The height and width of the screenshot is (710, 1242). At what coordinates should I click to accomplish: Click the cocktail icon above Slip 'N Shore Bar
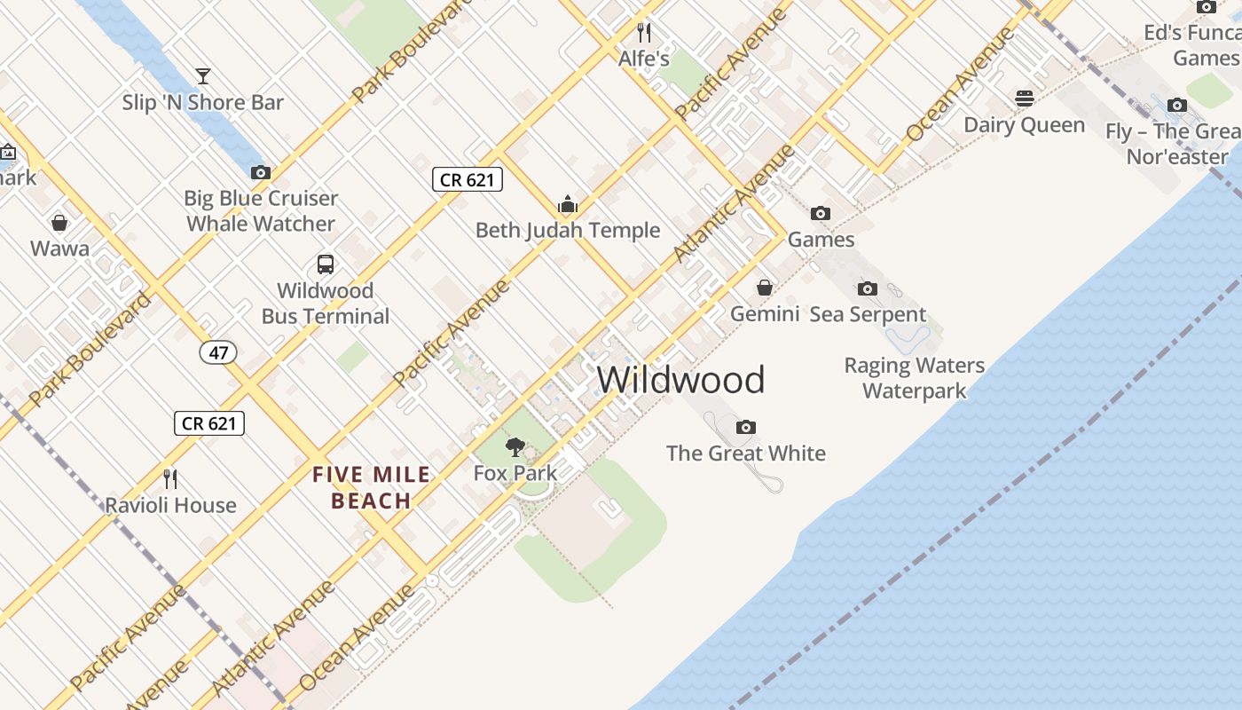coord(203,76)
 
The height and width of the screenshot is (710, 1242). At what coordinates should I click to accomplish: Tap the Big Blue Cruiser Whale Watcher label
coord(261,211)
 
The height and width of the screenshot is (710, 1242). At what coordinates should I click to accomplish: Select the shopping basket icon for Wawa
coord(59,222)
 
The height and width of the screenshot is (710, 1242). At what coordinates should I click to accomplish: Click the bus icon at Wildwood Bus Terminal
coord(326,264)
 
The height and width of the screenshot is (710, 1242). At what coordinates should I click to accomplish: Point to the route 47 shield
coord(218,352)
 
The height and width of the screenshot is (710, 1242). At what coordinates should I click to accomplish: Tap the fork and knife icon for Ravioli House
coord(171,479)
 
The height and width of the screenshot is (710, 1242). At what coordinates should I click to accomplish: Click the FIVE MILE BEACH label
coord(371,488)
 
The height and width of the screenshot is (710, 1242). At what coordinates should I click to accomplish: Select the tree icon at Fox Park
coord(515,447)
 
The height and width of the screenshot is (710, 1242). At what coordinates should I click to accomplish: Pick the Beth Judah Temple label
coord(568,231)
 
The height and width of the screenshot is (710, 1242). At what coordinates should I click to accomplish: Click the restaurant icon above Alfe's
coord(644,33)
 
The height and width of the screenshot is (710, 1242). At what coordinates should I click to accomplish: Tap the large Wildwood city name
coord(680,380)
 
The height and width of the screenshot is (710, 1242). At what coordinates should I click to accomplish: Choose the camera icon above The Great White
coord(746,428)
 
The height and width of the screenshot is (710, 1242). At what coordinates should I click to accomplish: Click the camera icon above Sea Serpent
coord(868,288)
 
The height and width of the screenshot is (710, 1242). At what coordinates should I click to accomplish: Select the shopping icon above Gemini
coord(764,288)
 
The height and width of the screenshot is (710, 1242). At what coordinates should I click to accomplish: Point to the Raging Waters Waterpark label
coord(914,378)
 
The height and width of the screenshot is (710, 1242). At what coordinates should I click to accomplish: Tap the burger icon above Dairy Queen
coord(1025,99)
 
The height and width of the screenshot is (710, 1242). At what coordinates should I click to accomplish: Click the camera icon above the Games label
coord(821,214)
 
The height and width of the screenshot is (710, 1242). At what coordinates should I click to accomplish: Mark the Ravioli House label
coord(171,506)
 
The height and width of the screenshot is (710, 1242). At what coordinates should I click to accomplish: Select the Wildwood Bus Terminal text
coord(325,304)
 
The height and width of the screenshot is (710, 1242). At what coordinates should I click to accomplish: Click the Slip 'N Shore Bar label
coord(203,103)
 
